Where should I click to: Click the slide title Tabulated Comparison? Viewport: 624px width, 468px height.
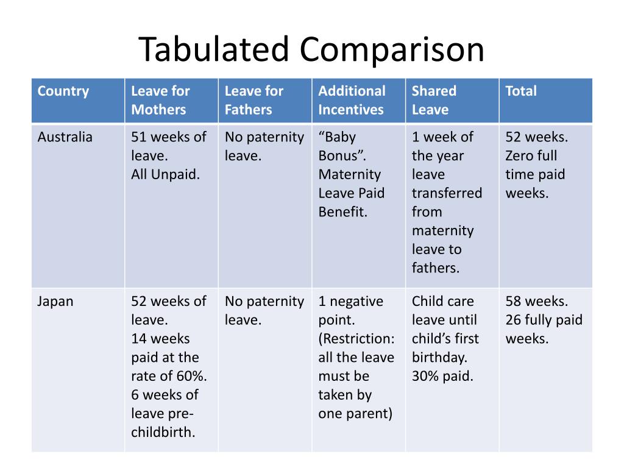[311, 49]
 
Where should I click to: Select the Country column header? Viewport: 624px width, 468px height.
[63, 91]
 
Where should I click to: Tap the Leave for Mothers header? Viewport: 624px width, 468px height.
[160, 101]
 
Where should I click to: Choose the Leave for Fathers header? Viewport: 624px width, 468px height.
[254, 101]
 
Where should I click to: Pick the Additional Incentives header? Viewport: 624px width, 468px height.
[352, 101]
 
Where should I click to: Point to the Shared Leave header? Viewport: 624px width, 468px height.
[434, 101]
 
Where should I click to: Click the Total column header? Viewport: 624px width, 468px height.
[521, 91]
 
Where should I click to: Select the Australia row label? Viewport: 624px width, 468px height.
[65, 137]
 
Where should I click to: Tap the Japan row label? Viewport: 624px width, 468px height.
[55, 302]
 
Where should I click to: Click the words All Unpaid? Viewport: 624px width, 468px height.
[166, 175]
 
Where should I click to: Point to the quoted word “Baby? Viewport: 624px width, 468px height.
[337, 137]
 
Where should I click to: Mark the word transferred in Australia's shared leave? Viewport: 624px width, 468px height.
[447, 194]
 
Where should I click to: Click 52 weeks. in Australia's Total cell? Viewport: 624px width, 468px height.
[536, 137]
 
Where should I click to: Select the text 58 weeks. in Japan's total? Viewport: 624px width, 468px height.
[536, 302]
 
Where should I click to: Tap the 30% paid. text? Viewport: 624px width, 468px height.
[442, 377]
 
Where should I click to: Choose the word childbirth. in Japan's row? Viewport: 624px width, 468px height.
[163, 433]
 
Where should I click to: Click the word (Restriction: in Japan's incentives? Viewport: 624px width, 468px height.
[356, 339]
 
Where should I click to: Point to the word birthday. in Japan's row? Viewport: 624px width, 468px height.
[439, 358]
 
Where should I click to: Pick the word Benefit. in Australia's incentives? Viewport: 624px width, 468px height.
[343, 213]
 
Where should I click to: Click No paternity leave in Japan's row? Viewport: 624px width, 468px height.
[264, 311]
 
